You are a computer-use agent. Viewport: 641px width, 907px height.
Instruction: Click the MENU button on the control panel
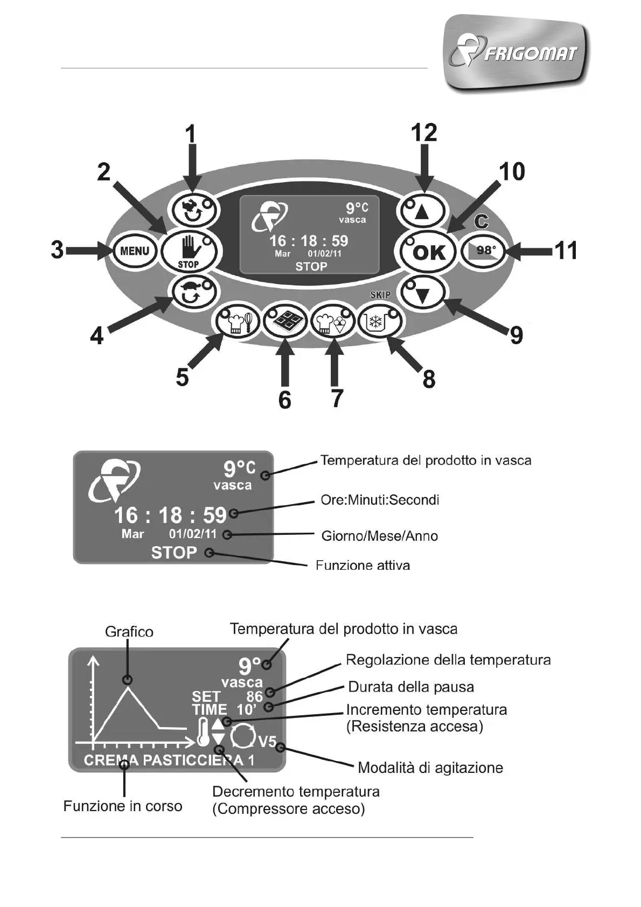134,251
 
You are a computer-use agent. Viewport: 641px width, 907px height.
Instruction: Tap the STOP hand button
189,251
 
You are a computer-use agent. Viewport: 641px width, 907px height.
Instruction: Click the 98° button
484,251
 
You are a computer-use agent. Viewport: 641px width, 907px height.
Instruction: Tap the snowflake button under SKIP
380,322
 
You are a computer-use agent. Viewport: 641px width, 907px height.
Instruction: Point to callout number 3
57,250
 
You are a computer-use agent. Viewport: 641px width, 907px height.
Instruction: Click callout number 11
566,250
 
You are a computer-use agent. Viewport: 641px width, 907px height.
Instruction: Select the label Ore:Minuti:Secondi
380,500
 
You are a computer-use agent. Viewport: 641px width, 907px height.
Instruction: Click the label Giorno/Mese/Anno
380,536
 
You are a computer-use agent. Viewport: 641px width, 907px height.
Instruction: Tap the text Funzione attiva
363,566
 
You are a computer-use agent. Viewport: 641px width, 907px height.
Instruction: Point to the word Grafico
129,631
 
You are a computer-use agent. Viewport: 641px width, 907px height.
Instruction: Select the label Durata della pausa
411,687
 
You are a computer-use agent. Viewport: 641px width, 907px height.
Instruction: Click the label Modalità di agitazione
430,768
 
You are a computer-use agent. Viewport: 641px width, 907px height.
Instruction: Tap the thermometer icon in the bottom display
203,732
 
